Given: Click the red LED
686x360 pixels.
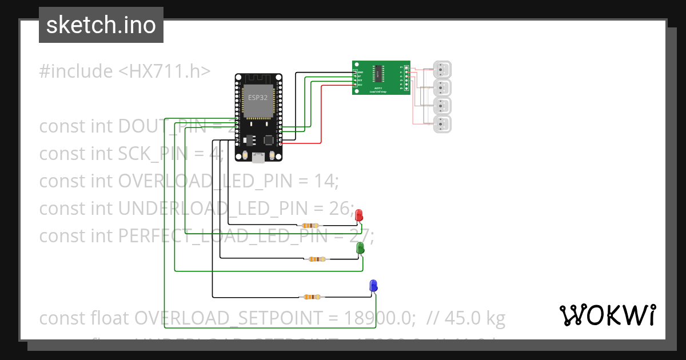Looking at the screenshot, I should point(359,215).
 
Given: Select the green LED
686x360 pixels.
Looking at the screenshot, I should point(360,247).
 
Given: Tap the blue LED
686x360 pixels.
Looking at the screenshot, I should point(373,286).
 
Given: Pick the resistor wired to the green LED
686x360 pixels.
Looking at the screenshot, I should point(317,259).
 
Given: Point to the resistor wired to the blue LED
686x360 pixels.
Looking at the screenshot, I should point(312,297).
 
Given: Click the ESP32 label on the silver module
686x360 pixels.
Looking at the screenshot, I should point(257,97).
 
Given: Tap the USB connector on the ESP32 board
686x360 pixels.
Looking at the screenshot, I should point(258,158).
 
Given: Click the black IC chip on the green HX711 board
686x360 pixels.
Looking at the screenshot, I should point(378,72).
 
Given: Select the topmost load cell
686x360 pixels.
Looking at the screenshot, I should point(442,70).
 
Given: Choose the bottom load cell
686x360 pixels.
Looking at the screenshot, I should point(442,125).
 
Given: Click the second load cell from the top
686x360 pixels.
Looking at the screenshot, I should point(442,88).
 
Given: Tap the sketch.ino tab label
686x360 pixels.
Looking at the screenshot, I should point(101,25).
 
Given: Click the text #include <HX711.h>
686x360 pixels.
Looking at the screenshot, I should point(125,71).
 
